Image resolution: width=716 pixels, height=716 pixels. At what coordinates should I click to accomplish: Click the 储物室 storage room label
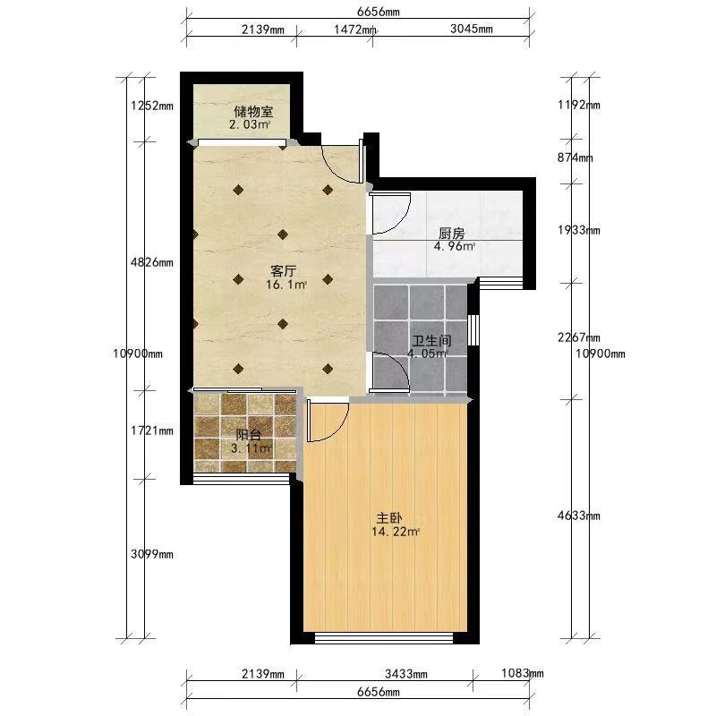(x=253, y=111)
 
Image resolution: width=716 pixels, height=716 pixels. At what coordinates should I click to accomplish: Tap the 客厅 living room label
(x=283, y=271)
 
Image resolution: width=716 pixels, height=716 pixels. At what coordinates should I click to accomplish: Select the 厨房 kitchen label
(x=452, y=234)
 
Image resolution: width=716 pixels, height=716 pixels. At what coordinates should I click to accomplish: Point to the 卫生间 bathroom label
(x=431, y=341)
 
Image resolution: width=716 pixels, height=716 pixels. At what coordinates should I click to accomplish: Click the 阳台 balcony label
(x=249, y=435)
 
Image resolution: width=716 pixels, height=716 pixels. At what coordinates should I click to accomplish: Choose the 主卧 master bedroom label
(x=389, y=518)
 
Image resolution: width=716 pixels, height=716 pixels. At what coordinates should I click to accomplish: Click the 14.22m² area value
(x=396, y=532)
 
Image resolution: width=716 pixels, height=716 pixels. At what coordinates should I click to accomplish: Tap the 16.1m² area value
(x=286, y=285)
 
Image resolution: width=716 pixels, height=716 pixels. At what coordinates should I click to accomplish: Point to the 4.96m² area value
(x=455, y=247)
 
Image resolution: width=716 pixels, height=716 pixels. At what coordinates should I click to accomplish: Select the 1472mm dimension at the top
(x=355, y=30)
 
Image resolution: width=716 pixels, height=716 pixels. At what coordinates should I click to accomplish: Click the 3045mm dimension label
(x=472, y=29)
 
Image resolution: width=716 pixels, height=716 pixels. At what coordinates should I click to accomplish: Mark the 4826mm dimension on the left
(x=152, y=262)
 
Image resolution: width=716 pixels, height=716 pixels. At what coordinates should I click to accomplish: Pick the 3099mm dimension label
(x=152, y=554)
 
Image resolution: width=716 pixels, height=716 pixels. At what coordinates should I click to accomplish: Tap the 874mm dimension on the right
(x=575, y=158)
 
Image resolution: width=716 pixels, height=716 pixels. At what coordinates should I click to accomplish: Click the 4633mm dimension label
(x=579, y=516)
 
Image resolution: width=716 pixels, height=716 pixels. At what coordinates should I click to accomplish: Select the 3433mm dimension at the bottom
(x=406, y=674)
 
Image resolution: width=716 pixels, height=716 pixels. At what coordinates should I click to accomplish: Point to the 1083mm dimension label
(x=523, y=673)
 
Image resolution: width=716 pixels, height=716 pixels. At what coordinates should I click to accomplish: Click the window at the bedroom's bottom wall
(x=384, y=638)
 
